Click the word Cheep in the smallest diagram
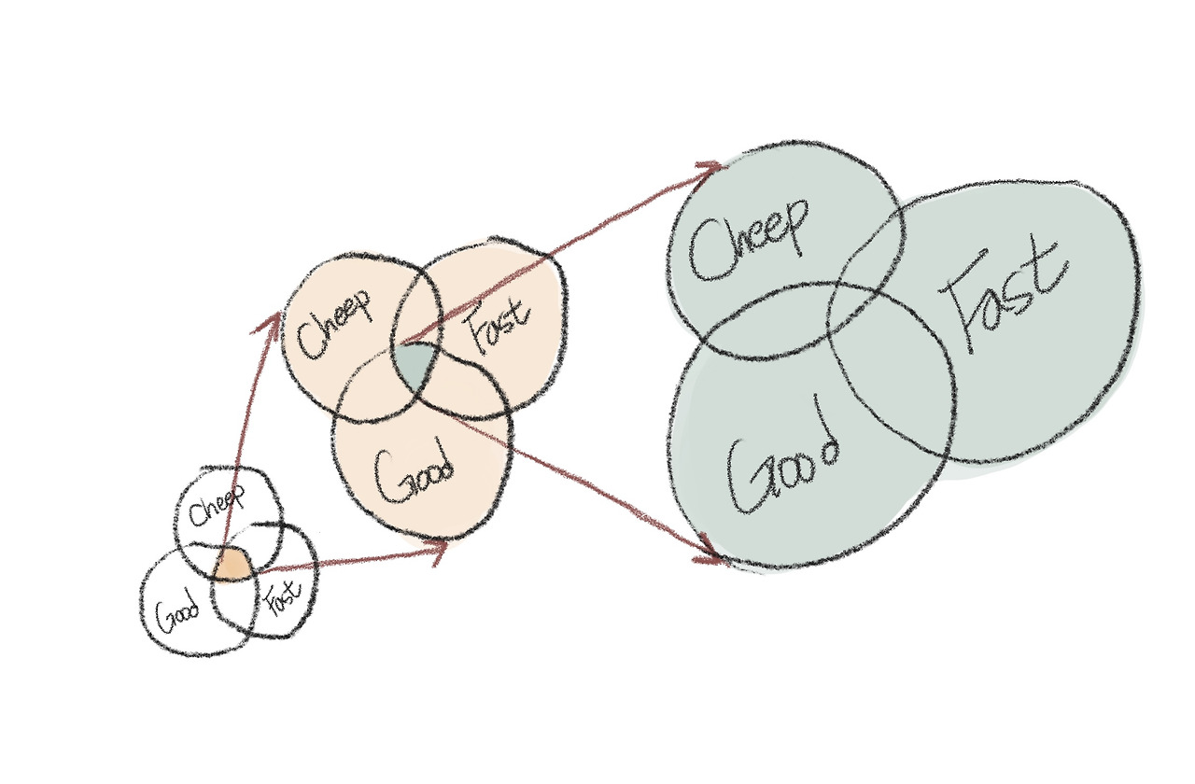(217, 510)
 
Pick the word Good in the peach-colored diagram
(414, 475)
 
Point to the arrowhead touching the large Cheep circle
(713, 167)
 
